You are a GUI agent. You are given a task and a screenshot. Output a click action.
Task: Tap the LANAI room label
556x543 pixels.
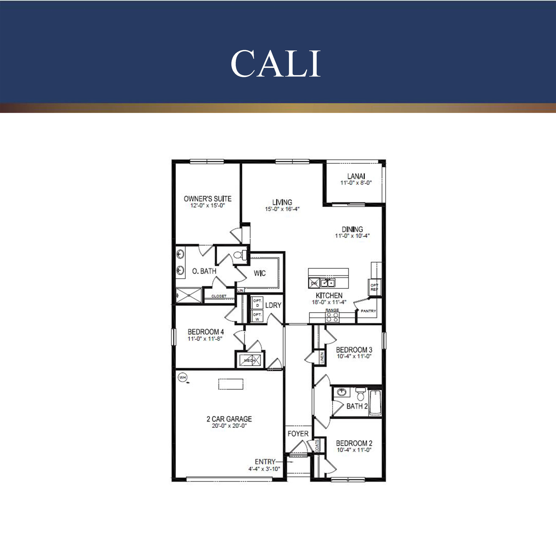tap(356, 176)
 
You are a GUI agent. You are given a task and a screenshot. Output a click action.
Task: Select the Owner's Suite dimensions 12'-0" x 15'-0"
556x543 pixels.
tap(208, 205)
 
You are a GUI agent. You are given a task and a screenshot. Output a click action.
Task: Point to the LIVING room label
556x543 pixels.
tap(282, 202)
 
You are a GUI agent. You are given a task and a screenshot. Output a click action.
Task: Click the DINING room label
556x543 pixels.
tap(352, 229)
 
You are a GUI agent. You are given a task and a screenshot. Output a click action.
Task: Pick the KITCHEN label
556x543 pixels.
tap(329, 295)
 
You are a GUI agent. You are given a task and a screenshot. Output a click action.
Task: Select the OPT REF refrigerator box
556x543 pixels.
tap(374, 287)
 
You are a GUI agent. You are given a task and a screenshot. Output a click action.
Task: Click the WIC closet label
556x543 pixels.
tap(260, 273)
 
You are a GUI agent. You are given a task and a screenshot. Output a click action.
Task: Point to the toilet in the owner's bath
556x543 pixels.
tap(239, 254)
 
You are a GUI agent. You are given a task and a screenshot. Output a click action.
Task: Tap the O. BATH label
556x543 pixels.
tap(204, 271)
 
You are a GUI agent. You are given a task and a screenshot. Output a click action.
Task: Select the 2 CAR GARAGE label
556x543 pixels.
tap(229, 419)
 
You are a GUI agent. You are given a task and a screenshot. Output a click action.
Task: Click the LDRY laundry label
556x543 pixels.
tap(273, 305)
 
